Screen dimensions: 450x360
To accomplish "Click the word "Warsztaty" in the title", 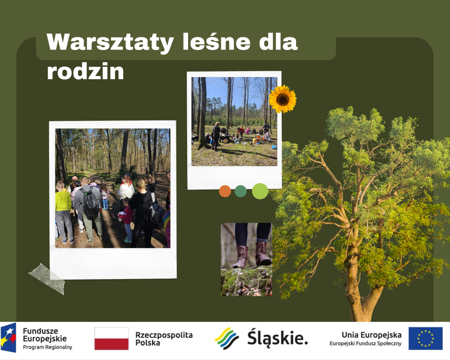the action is [x=110, y=42].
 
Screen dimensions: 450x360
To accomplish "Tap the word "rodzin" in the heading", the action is [x=85, y=71].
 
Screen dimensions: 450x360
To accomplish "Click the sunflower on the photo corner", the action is [x=283, y=99].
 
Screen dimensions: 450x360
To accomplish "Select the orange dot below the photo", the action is [x=225, y=191].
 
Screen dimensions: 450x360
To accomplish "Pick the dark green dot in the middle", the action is [x=240, y=191].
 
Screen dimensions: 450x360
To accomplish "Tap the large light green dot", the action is [x=260, y=191].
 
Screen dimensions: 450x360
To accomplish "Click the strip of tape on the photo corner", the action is [x=46, y=279].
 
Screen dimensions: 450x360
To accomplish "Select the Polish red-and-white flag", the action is [x=111, y=338].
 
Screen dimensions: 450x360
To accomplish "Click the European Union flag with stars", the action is [x=426, y=338].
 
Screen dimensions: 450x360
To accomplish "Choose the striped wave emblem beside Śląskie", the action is [x=227, y=338].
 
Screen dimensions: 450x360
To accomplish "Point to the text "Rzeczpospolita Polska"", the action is [x=164, y=339].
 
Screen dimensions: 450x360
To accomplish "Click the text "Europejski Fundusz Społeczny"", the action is [x=365, y=343].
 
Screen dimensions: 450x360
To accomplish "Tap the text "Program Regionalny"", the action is [x=47, y=347].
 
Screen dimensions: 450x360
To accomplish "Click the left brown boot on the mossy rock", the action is [x=240, y=257].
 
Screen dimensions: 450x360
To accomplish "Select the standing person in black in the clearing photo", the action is [x=216, y=136].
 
